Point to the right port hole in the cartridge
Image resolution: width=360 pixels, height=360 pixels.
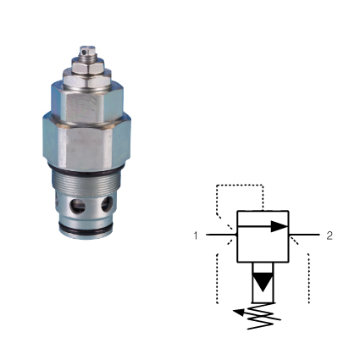pyautogui.click(x=108, y=204)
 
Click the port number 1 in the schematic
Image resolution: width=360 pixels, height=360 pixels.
pyautogui.click(x=196, y=235)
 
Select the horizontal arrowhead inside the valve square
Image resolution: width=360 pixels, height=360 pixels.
pyautogui.click(x=277, y=226)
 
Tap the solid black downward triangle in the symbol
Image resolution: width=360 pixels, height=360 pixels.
pyautogui.click(x=263, y=281)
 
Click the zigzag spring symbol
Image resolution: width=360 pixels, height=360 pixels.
pyautogui.click(x=266, y=316)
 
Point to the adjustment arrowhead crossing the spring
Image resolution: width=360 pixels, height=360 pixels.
pyautogui.click(x=241, y=311)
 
